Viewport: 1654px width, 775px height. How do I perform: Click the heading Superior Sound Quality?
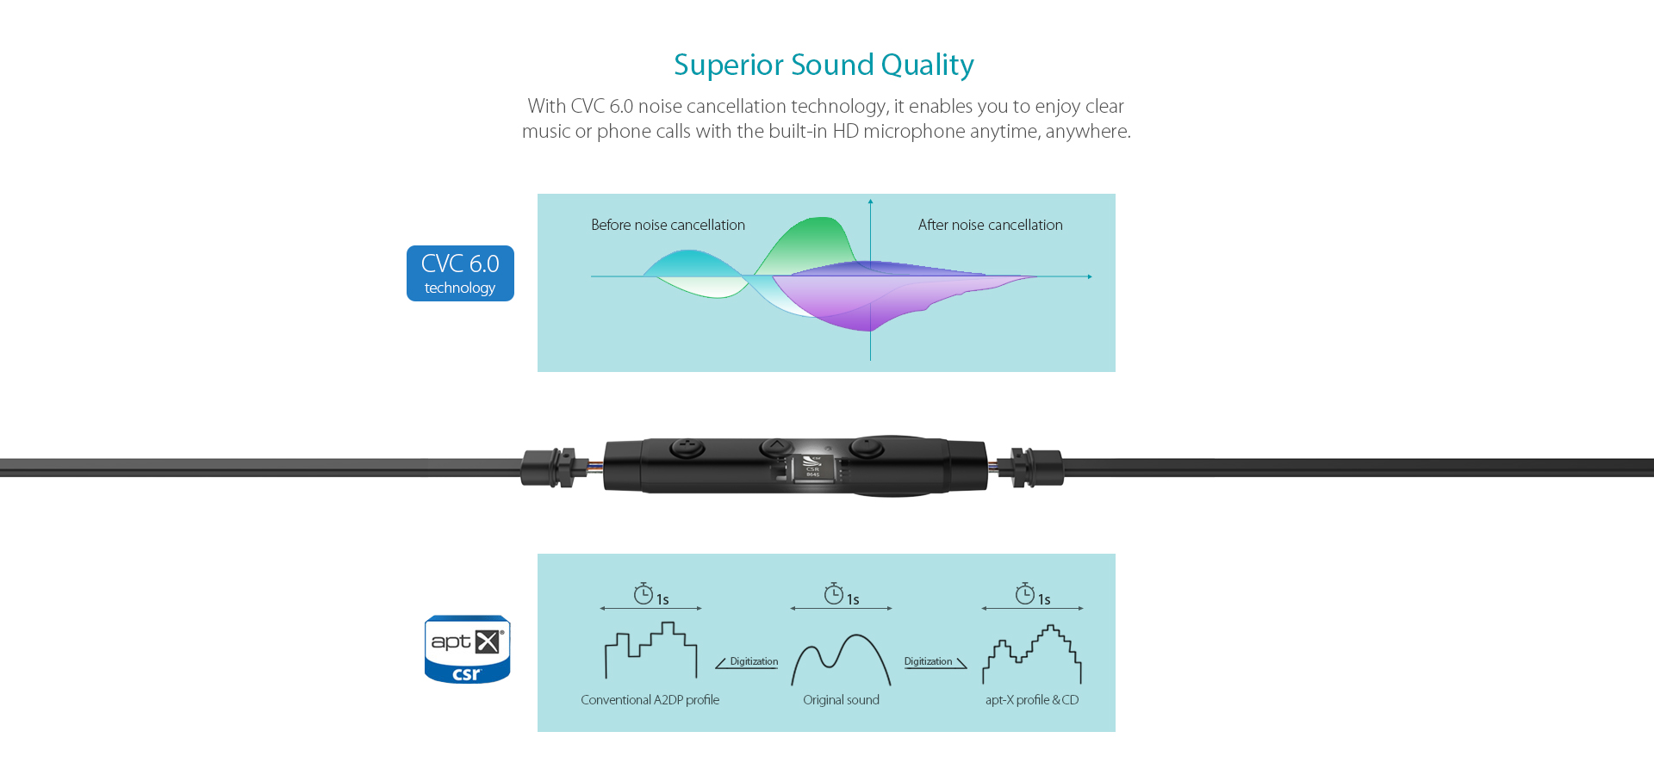824,65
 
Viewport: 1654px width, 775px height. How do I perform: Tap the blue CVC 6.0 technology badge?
460,273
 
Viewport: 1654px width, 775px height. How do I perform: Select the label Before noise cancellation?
668,225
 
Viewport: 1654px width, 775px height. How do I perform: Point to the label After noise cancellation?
990,225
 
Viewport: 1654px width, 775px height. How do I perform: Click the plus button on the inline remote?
687,448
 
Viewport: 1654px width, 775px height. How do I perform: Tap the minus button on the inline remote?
867,448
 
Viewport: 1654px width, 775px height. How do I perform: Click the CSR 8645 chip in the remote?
812,468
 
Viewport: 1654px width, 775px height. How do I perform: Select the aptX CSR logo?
467,649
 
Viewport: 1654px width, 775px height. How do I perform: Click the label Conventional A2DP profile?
650,700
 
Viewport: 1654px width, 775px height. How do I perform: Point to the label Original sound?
841,700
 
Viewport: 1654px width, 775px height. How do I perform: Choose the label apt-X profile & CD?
1032,700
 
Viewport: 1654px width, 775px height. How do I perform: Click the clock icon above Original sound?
833,593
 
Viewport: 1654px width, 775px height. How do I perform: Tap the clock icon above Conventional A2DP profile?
643,593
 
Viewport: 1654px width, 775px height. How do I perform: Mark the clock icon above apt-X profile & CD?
1024,593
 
